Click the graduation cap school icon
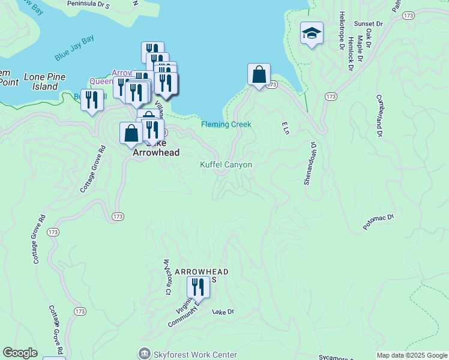[x=312, y=34]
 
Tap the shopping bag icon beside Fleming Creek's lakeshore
[x=259, y=76]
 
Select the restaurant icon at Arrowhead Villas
[x=197, y=288]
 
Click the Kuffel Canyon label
[x=226, y=164]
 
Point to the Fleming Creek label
[x=226, y=124]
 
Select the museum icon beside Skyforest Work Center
[x=144, y=354]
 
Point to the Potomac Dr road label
[x=378, y=222]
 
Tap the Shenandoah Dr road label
[x=310, y=163]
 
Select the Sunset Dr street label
[x=364, y=23]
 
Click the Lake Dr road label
[x=223, y=311]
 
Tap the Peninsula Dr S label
[x=88, y=4]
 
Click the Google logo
[x=20, y=353]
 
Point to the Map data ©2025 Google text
[x=411, y=355]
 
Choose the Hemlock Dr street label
[x=351, y=53]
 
